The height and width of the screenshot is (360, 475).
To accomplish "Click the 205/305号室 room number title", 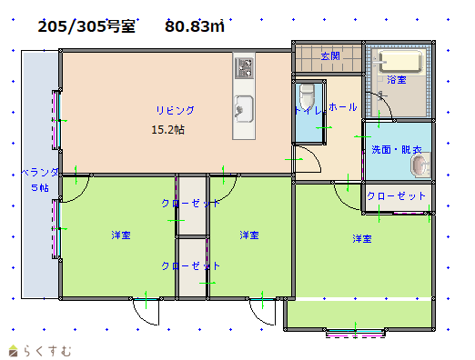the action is tap(86, 26).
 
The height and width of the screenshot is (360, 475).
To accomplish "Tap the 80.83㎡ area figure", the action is tap(195, 26).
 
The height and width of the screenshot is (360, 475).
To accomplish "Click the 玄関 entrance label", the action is tap(330, 56).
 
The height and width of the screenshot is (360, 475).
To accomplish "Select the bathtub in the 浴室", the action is tap(400, 62).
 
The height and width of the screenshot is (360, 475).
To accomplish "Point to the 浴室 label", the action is tap(397, 80).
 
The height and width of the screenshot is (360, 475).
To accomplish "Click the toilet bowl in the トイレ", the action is tap(307, 95).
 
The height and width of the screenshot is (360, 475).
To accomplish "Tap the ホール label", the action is tap(343, 107).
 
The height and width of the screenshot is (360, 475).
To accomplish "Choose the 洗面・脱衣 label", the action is tap(397, 150).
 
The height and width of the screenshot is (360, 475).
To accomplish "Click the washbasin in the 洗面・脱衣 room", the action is tap(420, 165).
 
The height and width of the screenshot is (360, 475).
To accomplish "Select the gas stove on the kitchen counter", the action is tap(244, 68).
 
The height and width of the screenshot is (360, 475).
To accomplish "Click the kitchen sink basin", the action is tap(244, 109).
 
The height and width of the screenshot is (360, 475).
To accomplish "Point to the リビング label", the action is tap(176, 110).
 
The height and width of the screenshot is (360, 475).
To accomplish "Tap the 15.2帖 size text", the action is tap(168, 130).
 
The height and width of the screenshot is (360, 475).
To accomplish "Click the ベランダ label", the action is tap(40, 173).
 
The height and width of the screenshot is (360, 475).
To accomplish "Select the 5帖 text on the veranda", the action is tap(40, 187).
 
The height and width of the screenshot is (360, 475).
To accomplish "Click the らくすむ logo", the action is tap(40, 351).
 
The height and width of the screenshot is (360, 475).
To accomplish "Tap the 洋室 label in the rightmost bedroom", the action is tap(362, 239).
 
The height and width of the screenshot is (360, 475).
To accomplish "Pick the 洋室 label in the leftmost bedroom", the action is tap(121, 235).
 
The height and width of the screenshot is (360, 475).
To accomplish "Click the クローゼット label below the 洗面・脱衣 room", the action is tap(396, 196).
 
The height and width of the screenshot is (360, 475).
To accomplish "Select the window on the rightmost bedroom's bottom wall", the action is tap(356, 333).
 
